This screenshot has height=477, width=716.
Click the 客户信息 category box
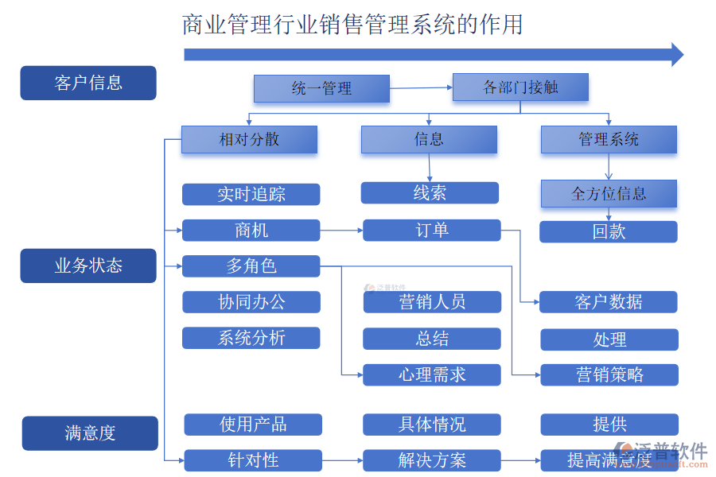point(88,83)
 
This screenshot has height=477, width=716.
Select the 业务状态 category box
point(88,266)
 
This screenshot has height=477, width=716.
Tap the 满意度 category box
point(90,433)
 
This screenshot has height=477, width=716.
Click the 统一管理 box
point(321,89)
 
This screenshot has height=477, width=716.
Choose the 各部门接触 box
point(520,87)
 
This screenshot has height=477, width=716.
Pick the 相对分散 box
point(249,140)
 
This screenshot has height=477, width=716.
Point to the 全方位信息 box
point(609,193)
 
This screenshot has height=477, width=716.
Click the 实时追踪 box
point(251,195)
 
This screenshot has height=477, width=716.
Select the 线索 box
point(430,193)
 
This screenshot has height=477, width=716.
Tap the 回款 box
point(609,232)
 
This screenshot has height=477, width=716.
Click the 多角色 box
point(251,266)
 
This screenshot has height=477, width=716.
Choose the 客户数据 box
point(609,302)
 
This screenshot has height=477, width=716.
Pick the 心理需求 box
point(432,375)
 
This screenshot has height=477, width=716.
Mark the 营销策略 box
point(609,375)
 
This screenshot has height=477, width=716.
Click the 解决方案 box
point(432,460)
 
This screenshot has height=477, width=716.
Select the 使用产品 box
point(253,425)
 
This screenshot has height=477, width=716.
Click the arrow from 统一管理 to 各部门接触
point(421,88)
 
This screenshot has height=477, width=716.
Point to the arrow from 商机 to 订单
point(341,231)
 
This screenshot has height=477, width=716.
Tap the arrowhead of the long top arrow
point(677,54)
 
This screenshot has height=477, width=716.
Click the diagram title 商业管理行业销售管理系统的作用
point(352,25)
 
